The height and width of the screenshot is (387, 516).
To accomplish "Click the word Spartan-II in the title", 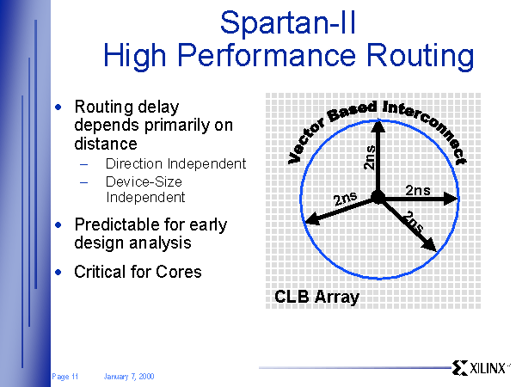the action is pos(288,22).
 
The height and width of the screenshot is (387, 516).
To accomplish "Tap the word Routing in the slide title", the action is pos(420,56).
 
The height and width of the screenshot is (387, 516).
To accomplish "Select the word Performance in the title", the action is pos(267,55).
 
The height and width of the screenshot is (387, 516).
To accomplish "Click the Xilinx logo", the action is pos(480,367).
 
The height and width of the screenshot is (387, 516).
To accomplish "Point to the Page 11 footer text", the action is pos(64,376).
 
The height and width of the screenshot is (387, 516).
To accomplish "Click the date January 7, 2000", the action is pos(129,376).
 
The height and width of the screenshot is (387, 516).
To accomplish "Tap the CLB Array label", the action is pos(316,297).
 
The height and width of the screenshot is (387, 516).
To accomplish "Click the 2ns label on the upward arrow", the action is pos(369,157).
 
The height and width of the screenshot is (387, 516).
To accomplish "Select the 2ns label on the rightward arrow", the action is pos(418,190).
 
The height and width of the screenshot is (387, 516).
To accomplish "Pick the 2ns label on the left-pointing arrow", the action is pos(345,199).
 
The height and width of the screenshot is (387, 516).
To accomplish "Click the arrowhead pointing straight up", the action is pos(378,126).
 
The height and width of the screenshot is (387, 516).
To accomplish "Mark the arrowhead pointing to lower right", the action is pos(429,244).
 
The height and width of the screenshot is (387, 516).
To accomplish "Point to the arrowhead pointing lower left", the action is pos(312,219).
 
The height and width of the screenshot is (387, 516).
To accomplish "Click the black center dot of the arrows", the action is pos(378,198).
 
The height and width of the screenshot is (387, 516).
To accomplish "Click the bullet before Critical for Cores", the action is pos(58,272).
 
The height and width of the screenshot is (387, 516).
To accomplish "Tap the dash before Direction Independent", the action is pos(84,164).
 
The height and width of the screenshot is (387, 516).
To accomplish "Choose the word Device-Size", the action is pos(144,181).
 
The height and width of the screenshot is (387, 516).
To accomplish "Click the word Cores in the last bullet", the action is pos(178,272).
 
